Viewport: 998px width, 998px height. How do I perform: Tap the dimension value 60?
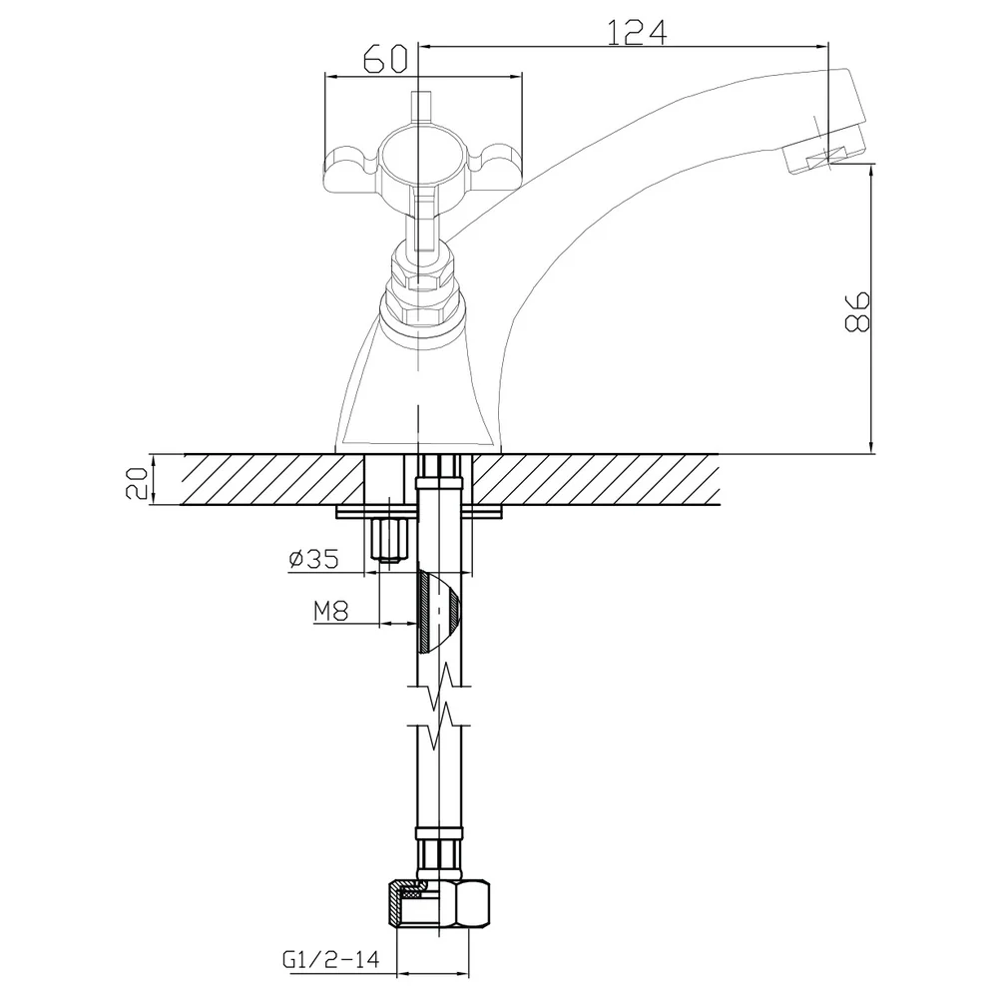tap(385, 60)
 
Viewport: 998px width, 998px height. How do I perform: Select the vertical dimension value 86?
tap(856, 311)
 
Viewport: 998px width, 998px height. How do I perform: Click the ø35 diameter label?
tap(313, 560)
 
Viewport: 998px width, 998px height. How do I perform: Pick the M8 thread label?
tap(331, 612)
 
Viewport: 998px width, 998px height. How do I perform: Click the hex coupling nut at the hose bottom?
tap(439, 906)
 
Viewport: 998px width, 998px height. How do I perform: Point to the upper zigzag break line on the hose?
tap(439, 688)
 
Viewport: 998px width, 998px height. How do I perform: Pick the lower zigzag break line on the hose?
tap(439, 727)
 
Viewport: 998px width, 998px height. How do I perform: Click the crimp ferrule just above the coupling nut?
tap(439, 855)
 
